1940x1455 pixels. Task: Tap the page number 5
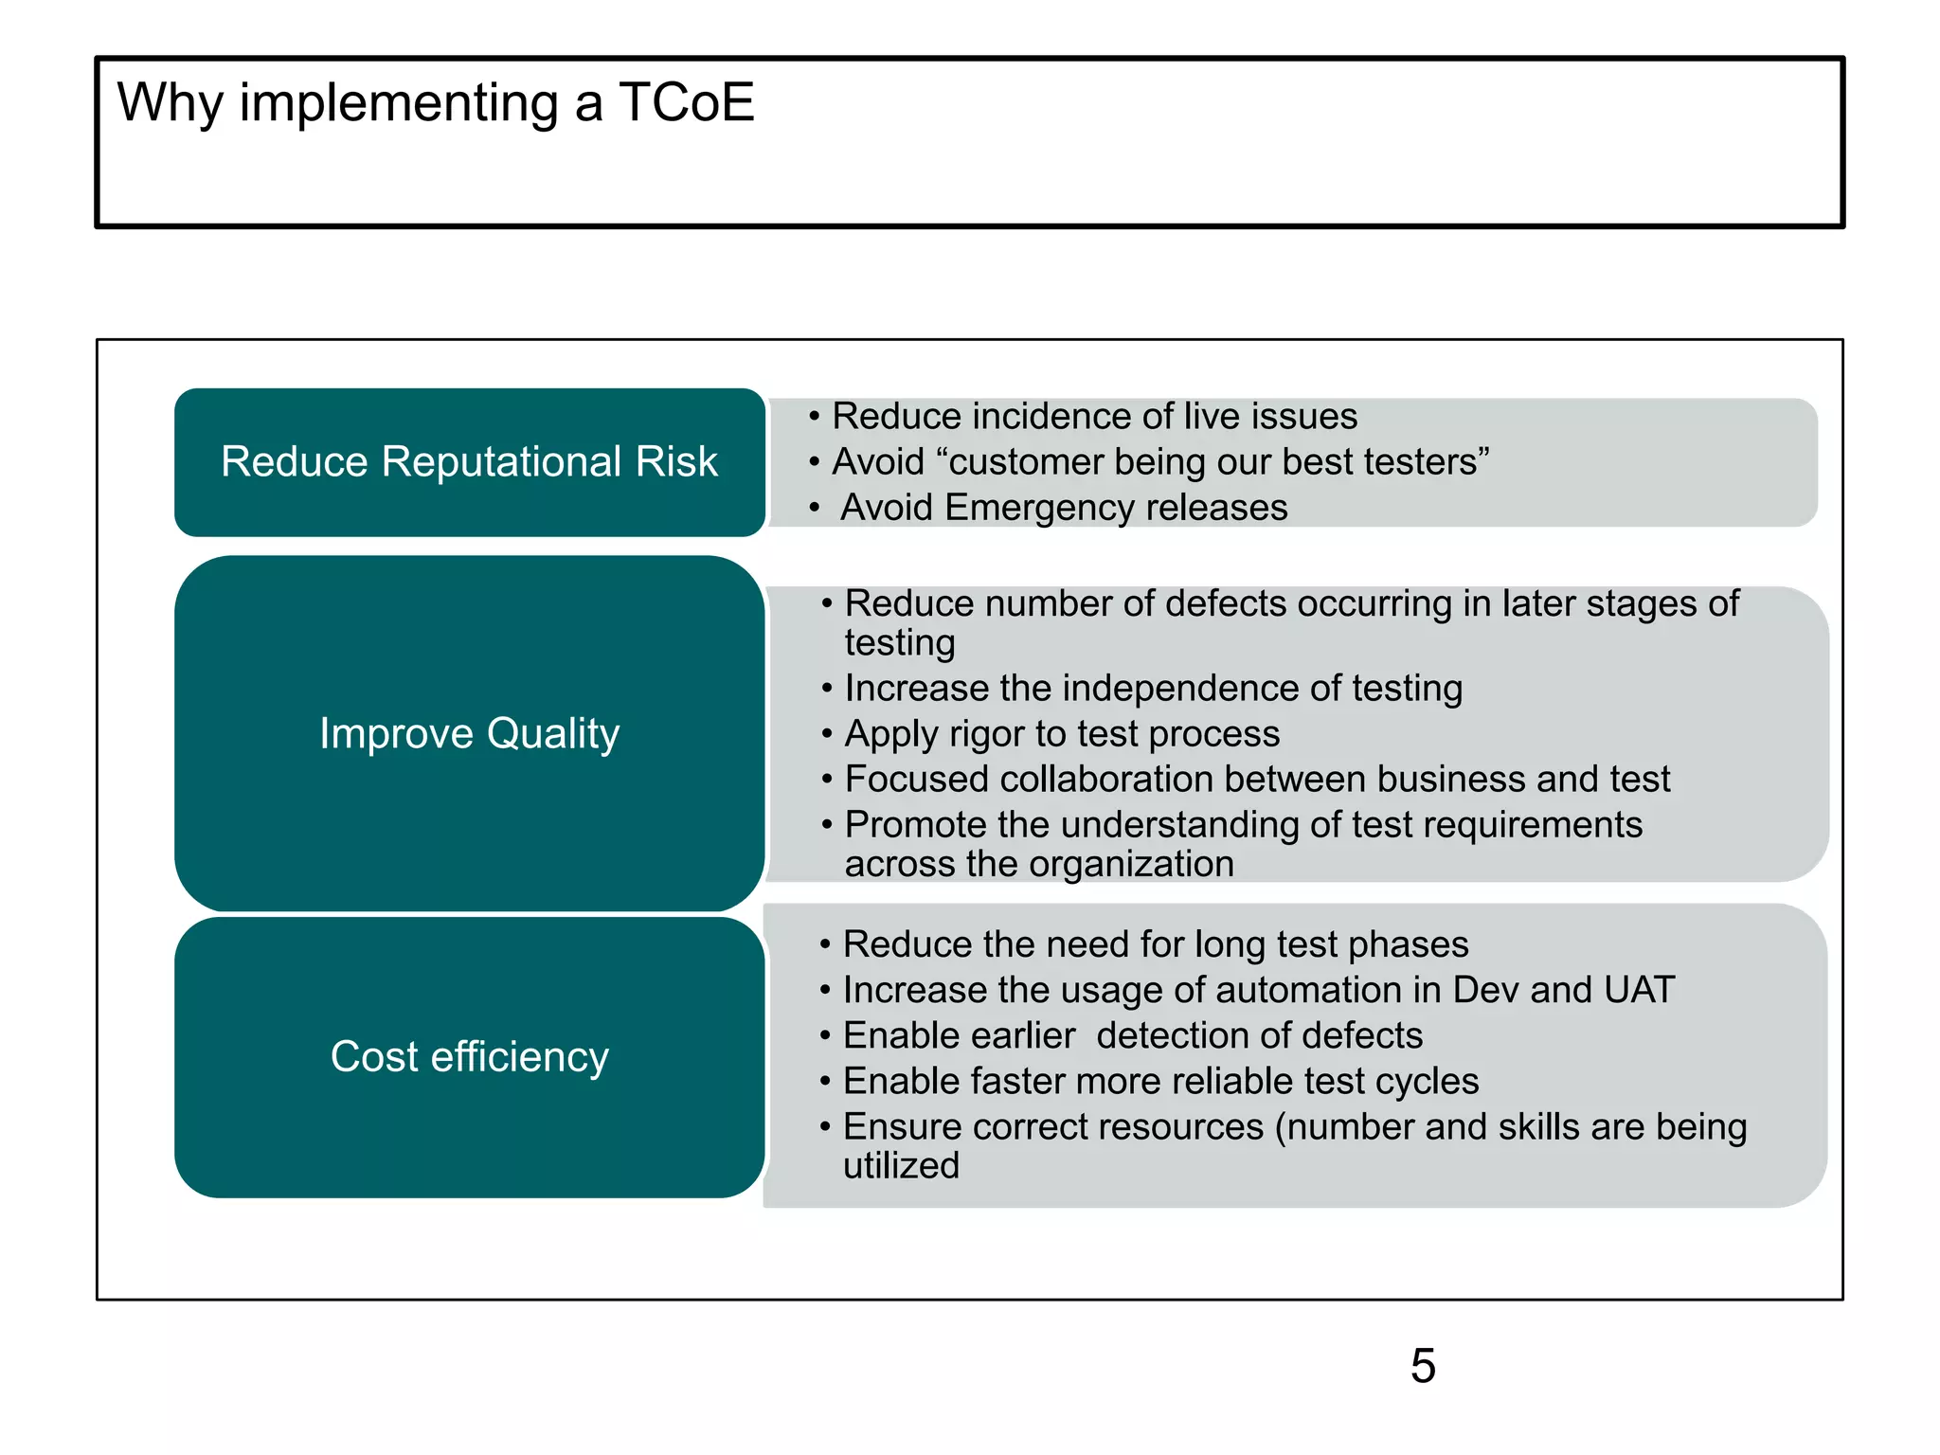(x=1423, y=1366)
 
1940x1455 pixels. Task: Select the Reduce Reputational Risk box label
(x=469, y=462)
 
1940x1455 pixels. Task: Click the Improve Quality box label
(x=469, y=734)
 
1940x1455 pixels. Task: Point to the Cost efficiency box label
(x=469, y=1057)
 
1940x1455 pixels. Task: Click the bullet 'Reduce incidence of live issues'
(x=1094, y=417)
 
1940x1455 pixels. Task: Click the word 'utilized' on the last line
(x=901, y=1166)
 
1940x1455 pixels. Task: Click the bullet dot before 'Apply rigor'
(x=827, y=734)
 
